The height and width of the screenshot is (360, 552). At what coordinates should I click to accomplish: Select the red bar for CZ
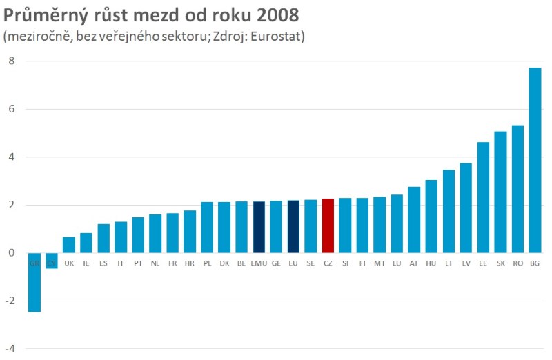point(328,226)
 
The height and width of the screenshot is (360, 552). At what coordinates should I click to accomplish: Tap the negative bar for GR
point(34,283)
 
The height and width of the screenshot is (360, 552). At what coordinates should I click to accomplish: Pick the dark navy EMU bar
point(259,227)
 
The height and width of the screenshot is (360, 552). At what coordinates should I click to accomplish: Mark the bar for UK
point(69,245)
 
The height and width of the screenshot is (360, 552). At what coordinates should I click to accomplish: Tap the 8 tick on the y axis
point(11,61)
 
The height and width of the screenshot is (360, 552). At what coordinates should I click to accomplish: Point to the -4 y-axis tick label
point(10,349)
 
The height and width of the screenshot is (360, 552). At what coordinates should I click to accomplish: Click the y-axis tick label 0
point(11,253)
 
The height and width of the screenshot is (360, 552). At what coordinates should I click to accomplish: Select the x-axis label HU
point(431,263)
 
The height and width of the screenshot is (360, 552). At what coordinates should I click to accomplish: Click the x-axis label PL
point(207,263)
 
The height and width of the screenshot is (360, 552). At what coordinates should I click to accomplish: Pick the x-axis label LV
point(466,263)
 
